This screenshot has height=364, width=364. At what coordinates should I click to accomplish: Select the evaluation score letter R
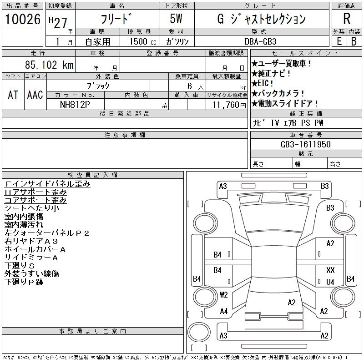[346, 19]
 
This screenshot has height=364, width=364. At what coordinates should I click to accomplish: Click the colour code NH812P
[76, 105]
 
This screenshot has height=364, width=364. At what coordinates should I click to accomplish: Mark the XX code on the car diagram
[330, 270]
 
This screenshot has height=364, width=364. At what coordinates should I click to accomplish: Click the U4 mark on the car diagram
[330, 282]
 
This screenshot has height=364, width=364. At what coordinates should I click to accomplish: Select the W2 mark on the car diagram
[223, 294]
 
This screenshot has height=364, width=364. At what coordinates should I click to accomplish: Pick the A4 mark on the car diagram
[223, 311]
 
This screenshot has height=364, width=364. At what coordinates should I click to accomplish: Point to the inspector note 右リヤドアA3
[31, 241]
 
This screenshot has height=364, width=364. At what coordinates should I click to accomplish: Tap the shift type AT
[13, 95]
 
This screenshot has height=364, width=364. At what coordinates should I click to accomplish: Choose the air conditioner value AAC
[35, 95]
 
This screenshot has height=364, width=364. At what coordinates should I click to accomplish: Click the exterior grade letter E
[339, 41]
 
